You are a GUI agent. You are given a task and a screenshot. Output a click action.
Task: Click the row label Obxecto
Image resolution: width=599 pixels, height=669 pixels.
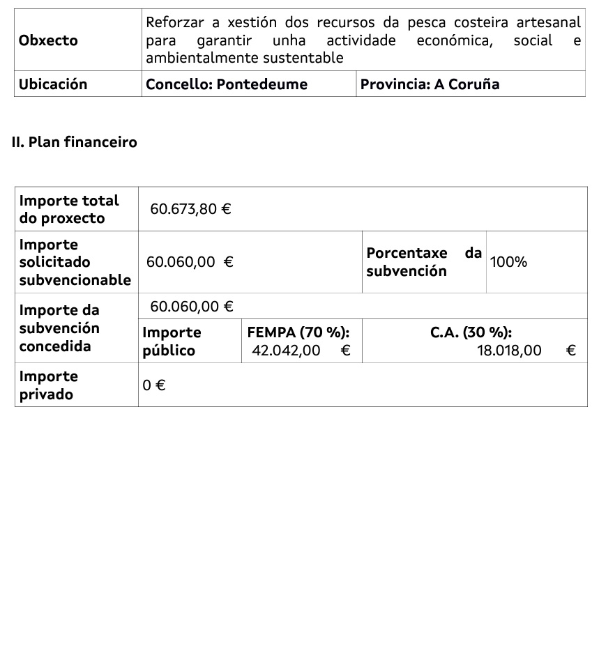point(48,40)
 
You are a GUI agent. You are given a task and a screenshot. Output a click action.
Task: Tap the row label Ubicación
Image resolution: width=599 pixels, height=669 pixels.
point(53,84)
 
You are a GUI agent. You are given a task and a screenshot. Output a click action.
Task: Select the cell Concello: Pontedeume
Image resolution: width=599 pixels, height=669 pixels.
point(227,84)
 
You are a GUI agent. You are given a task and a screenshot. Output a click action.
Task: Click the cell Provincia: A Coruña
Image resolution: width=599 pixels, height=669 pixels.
point(430,84)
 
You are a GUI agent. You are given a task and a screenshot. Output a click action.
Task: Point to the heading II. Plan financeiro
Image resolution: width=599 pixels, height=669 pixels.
point(75,142)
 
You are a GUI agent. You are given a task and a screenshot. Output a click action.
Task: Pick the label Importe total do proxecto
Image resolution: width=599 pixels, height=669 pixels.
point(69,209)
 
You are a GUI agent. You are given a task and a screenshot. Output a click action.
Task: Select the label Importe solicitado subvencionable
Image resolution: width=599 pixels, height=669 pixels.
point(75,262)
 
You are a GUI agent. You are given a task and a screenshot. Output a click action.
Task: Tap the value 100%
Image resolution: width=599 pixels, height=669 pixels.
point(508,262)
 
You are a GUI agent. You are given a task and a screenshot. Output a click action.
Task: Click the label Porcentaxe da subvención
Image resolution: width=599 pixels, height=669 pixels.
point(424,262)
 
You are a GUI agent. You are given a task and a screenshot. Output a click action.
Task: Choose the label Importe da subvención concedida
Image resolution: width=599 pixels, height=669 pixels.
point(59,328)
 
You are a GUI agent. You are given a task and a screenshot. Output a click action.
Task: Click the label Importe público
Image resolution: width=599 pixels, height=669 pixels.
point(172,341)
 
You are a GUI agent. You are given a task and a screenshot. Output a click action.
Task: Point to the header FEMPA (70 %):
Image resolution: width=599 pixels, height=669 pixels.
point(298,333)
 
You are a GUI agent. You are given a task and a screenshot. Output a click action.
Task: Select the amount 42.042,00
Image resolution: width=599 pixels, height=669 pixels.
point(286,351)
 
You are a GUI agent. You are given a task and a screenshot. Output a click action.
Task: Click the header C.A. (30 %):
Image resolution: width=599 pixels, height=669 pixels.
point(471,333)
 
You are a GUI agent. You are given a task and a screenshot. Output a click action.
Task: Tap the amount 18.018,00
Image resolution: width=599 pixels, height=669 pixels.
point(509,351)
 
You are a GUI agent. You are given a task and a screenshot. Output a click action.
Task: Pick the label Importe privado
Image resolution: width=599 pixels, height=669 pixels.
point(48,385)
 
